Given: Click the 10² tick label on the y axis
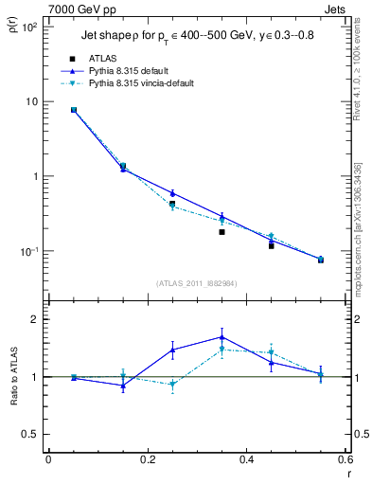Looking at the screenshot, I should tap(27, 27).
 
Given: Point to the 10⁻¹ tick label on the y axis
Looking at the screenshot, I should tap(27, 251).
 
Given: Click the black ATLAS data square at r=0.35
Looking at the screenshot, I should tap(221, 231).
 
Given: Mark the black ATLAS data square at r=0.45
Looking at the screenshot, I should tap(271, 245).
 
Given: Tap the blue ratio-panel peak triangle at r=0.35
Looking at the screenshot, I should tap(221, 336).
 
